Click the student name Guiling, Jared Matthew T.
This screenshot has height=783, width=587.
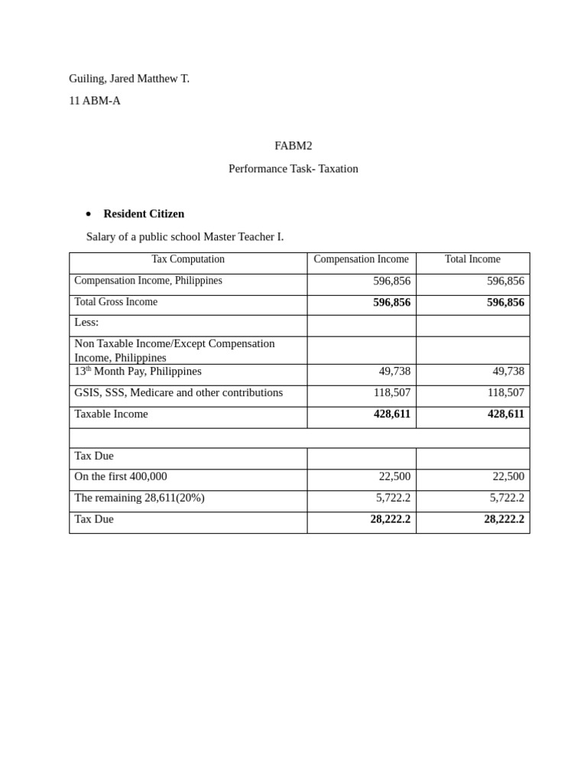pyautogui.click(x=129, y=78)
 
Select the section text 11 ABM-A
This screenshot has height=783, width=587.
pyautogui.click(x=95, y=100)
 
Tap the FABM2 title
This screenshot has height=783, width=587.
pyautogui.click(x=293, y=145)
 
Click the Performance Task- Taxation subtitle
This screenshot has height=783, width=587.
pyautogui.click(x=293, y=168)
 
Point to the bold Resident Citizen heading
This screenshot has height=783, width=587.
pyautogui.click(x=144, y=213)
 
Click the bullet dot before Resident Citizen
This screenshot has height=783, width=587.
pyautogui.click(x=89, y=214)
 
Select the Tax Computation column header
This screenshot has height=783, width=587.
pyautogui.click(x=188, y=259)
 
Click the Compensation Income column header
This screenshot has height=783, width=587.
pyautogui.click(x=361, y=259)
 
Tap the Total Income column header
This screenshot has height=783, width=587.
pyautogui.click(x=472, y=259)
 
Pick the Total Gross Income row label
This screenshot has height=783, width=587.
pyautogui.click(x=116, y=302)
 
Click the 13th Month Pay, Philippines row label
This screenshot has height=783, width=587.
pyautogui.click(x=138, y=372)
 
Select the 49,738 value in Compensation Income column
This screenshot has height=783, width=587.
pyautogui.click(x=394, y=371)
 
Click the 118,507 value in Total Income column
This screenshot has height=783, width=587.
pyautogui.click(x=505, y=392)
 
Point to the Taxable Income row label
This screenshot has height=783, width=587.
pyautogui.click(x=112, y=414)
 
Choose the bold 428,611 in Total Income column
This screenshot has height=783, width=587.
pyautogui.click(x=505, y=414)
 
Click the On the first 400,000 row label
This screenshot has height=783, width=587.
pyautogui.click(x=121, y=476)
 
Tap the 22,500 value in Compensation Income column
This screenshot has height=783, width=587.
pyautogui.click(x=394, y=476)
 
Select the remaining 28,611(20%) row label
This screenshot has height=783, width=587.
pyautogui.click(x=140, y=498)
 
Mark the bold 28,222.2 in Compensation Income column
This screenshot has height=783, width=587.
pyautogui.click(x=390, y=519)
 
